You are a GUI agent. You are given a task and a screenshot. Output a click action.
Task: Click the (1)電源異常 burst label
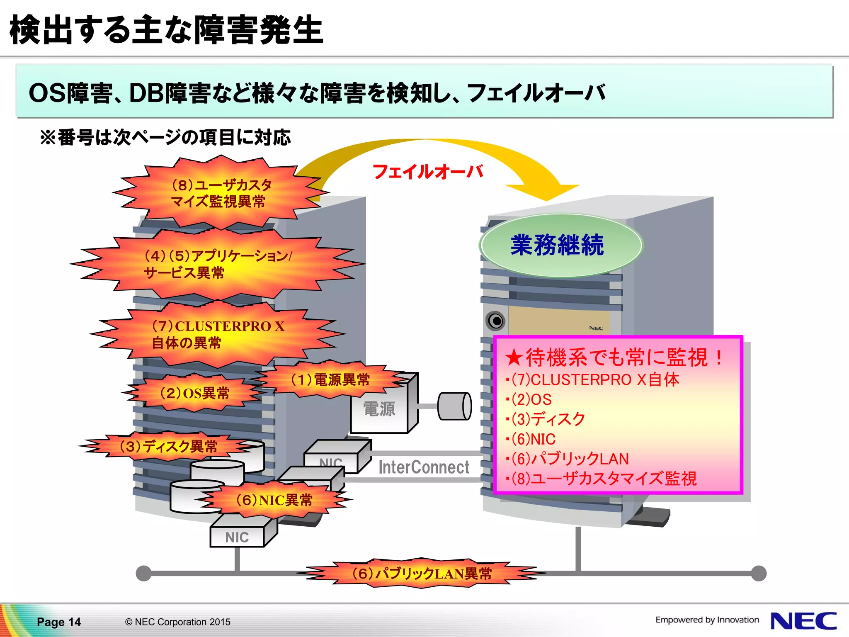(x=330, y=379)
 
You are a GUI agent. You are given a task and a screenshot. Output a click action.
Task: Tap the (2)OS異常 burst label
(x=194, y=393)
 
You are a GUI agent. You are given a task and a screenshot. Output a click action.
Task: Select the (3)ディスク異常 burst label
(x=168, y=446)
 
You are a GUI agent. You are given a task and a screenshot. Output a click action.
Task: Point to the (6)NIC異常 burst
(x=274, y=500)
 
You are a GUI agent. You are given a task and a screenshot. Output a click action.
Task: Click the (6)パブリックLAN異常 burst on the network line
(x=422, y=574)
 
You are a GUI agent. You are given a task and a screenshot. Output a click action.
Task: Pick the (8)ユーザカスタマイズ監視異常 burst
(x=221, y=193)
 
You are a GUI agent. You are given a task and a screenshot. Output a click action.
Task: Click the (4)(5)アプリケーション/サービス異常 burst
(x=218, y=264)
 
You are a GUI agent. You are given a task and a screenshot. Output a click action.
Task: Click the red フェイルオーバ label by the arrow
(x=428, y=172)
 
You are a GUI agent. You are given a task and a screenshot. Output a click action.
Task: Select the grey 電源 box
(x=379, y=409)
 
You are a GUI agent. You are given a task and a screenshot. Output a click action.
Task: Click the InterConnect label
(x=424, y=467)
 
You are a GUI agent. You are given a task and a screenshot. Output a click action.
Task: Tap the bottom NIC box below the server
(x=237, y=537)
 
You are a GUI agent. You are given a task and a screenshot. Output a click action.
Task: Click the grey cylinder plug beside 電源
(x=454, y=406)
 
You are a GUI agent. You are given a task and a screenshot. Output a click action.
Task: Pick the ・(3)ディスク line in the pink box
(x=546, y=419)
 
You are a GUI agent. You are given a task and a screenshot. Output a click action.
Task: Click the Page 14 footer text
(x=59, y=622)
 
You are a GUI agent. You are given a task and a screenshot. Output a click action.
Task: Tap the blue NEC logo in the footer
(x=803, y=621)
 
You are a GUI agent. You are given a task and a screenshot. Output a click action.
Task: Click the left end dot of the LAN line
(x=143, y=574)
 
